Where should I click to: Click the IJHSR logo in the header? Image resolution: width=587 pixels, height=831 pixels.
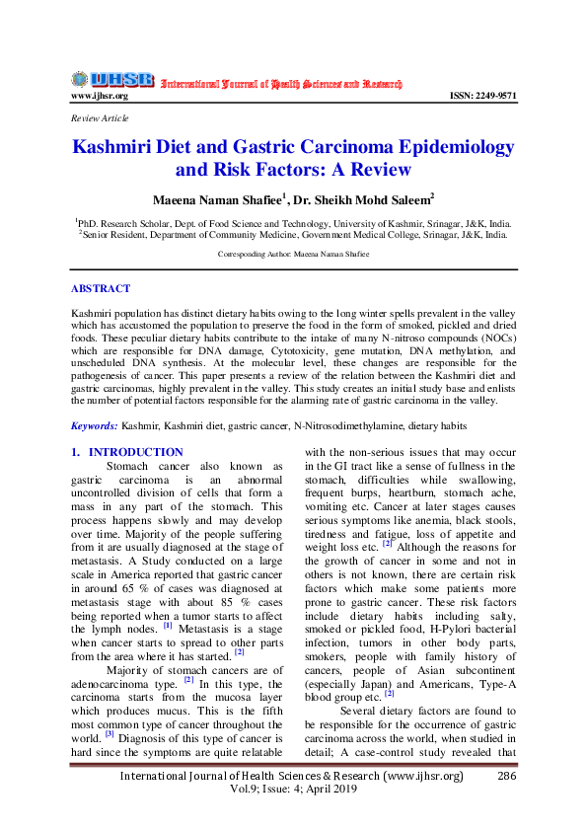pyautogui.click(x=111, y=80)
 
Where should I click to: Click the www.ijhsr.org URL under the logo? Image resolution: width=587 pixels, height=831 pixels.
pyautogui.click(x=99, y=96)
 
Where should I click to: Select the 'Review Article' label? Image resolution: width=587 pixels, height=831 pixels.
pyautogui.click(x=100, y=118)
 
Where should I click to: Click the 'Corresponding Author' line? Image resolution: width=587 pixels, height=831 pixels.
pyautogui.click(x=293, y=254)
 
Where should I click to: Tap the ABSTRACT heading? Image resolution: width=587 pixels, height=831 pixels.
pyautogui.click(x=100, y=289)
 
